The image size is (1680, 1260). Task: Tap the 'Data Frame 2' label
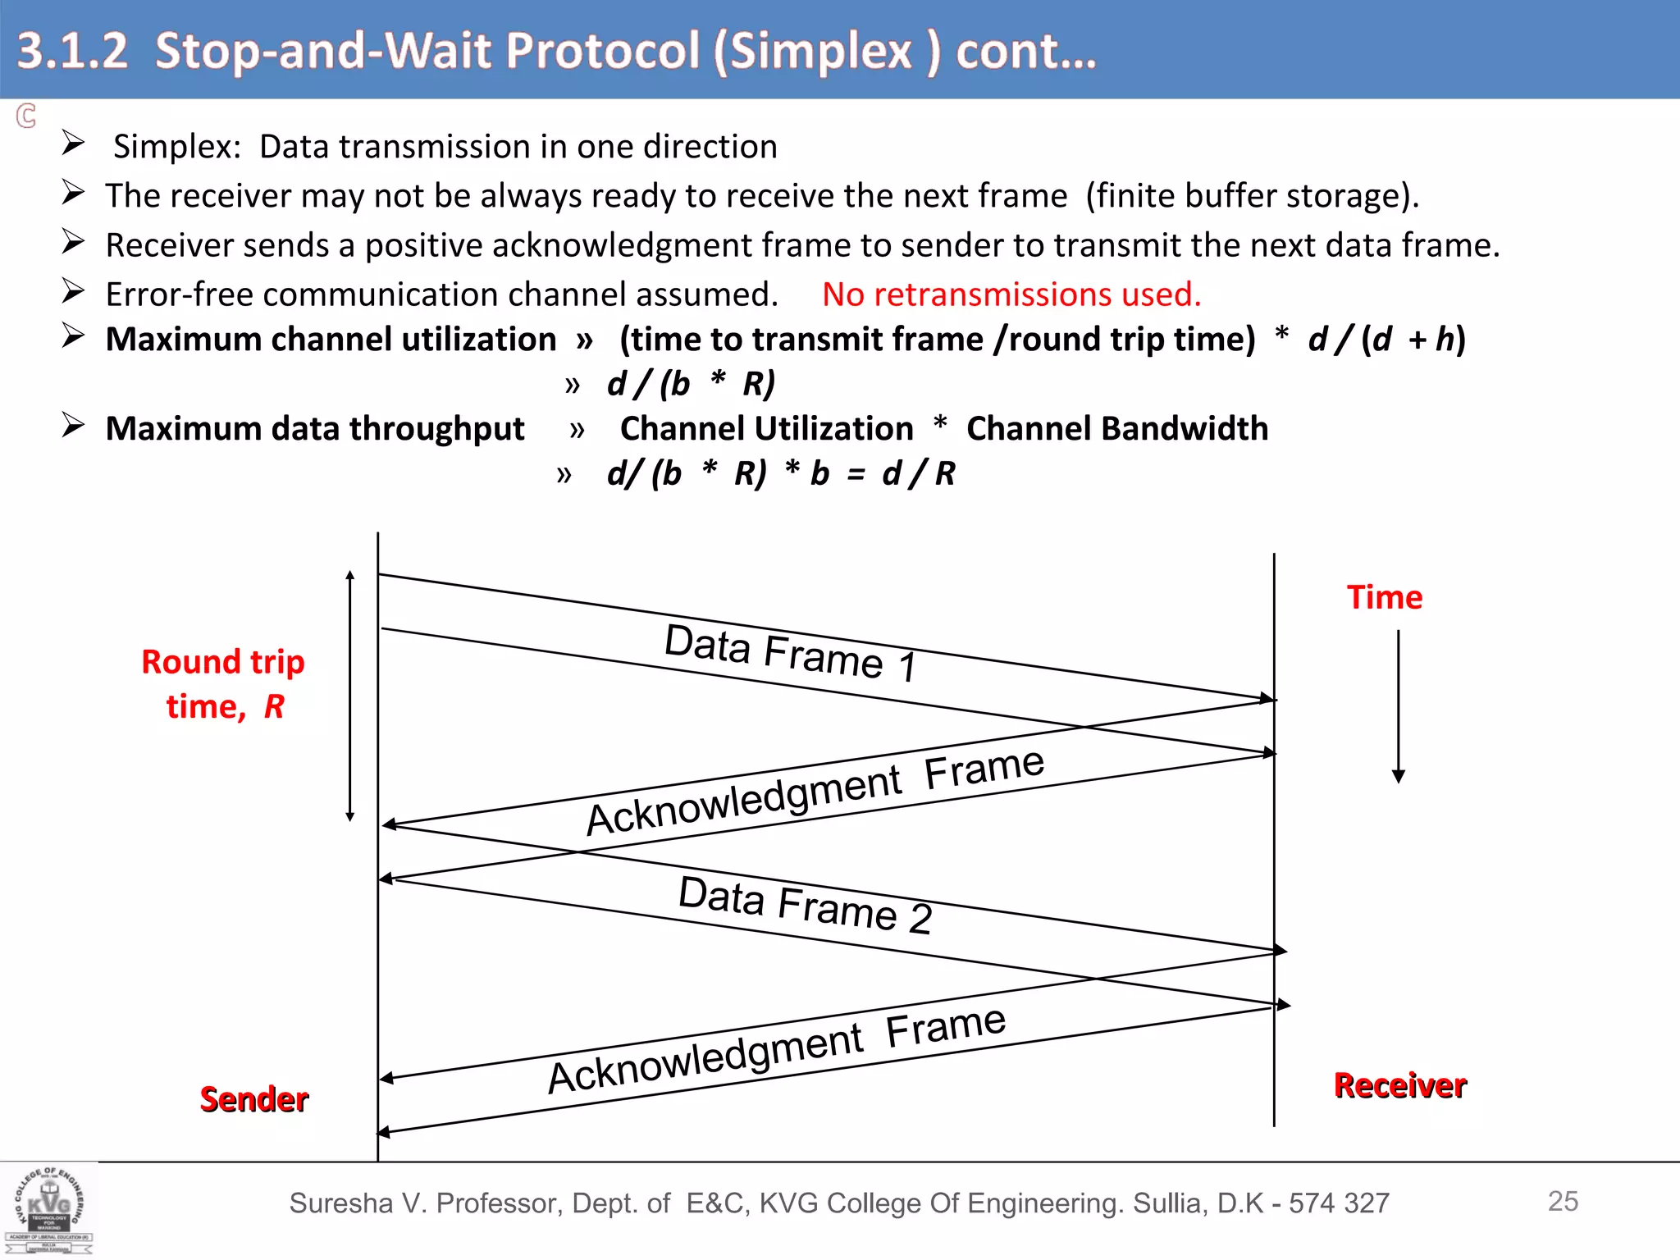[x=805, y=904]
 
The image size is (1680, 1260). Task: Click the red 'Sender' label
[x=254, y=1099]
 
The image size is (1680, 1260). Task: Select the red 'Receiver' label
[x=1399, y=1085]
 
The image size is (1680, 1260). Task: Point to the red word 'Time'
[x=1384, y=597]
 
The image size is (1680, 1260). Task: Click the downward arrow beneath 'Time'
[x=1399, y=705]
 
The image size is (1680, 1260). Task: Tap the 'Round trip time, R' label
[x=223, y=683]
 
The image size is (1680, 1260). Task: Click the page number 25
[x=1563, y=1201]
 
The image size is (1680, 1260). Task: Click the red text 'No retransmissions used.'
[x=1011, y=294]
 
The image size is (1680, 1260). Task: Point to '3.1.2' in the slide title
[x=73, y=50]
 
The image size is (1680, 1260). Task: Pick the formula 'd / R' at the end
[x=919, y=473]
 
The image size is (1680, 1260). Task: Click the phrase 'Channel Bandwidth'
[x=1117, y=428]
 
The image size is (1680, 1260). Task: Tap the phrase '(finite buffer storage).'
[x=1252, y=196]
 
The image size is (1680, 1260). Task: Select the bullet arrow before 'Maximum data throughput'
[x=74, y=426]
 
